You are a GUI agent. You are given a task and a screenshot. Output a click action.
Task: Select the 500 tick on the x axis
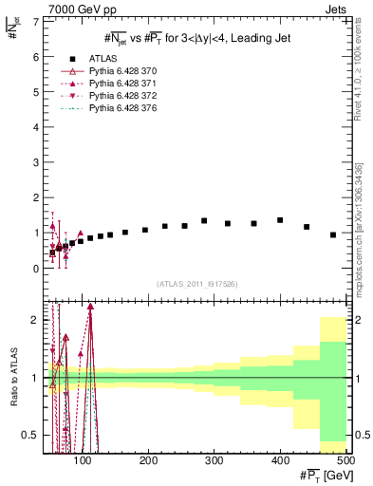point(345,460)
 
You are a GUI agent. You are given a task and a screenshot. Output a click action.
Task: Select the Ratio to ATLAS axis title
point(12,377)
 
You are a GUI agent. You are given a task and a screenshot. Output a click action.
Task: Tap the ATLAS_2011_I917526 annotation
point(196,285)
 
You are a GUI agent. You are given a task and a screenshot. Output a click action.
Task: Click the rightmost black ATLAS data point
point(333,234)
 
